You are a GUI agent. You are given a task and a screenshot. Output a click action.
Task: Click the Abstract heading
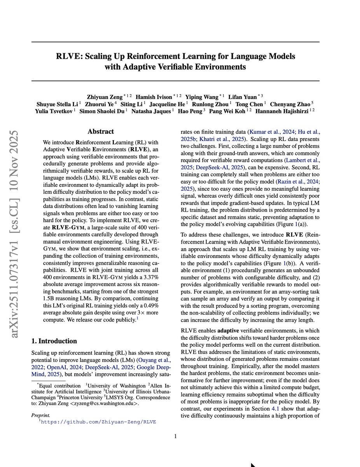(x=101, y=132)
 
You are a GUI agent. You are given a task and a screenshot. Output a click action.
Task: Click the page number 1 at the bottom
(x=175, y=436)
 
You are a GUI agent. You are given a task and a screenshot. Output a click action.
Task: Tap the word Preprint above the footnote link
(x=41, y=415)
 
